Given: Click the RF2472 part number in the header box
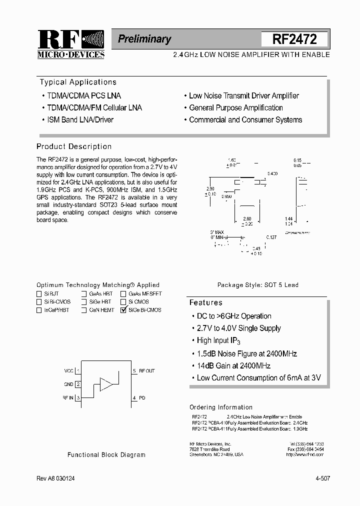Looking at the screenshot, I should [x=294, y=39].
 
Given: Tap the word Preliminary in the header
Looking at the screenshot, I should [x=144, y=39].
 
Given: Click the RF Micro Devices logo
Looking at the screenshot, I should [x=71, y=44].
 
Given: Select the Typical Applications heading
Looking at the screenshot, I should [x=78, y=82].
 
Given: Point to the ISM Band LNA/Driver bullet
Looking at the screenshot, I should [x=80, y=120].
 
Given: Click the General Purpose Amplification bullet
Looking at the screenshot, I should [x=236, y=108].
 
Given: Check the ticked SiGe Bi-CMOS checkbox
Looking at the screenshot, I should [x=123, y=310].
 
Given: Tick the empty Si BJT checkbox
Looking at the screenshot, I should [x=39, y=294].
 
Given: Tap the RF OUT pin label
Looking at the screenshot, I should [x=147, y=371].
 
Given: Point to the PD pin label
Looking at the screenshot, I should [x=142, y=398].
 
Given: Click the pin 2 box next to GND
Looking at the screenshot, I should [x=78, y=384].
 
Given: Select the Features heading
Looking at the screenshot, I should [x=206, y=303].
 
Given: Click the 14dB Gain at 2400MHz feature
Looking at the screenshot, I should [x=233, y=366].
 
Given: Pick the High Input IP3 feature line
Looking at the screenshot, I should [x=219, y=341].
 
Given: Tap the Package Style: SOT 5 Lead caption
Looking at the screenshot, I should [x=258, y=285].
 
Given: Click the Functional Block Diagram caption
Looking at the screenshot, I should [x=106, y=455].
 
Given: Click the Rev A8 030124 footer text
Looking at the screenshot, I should [x=56, y=478].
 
